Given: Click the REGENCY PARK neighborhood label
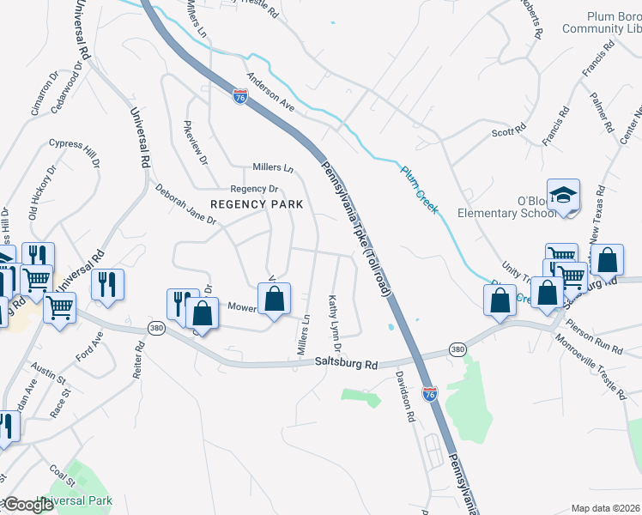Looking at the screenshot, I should [257, 204].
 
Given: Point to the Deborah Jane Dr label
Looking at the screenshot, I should [185, 203].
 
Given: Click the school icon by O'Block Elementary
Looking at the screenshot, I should [564, 197].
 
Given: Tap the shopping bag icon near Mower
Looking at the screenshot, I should [274, 300].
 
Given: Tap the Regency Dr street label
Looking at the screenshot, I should [255, 189].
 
